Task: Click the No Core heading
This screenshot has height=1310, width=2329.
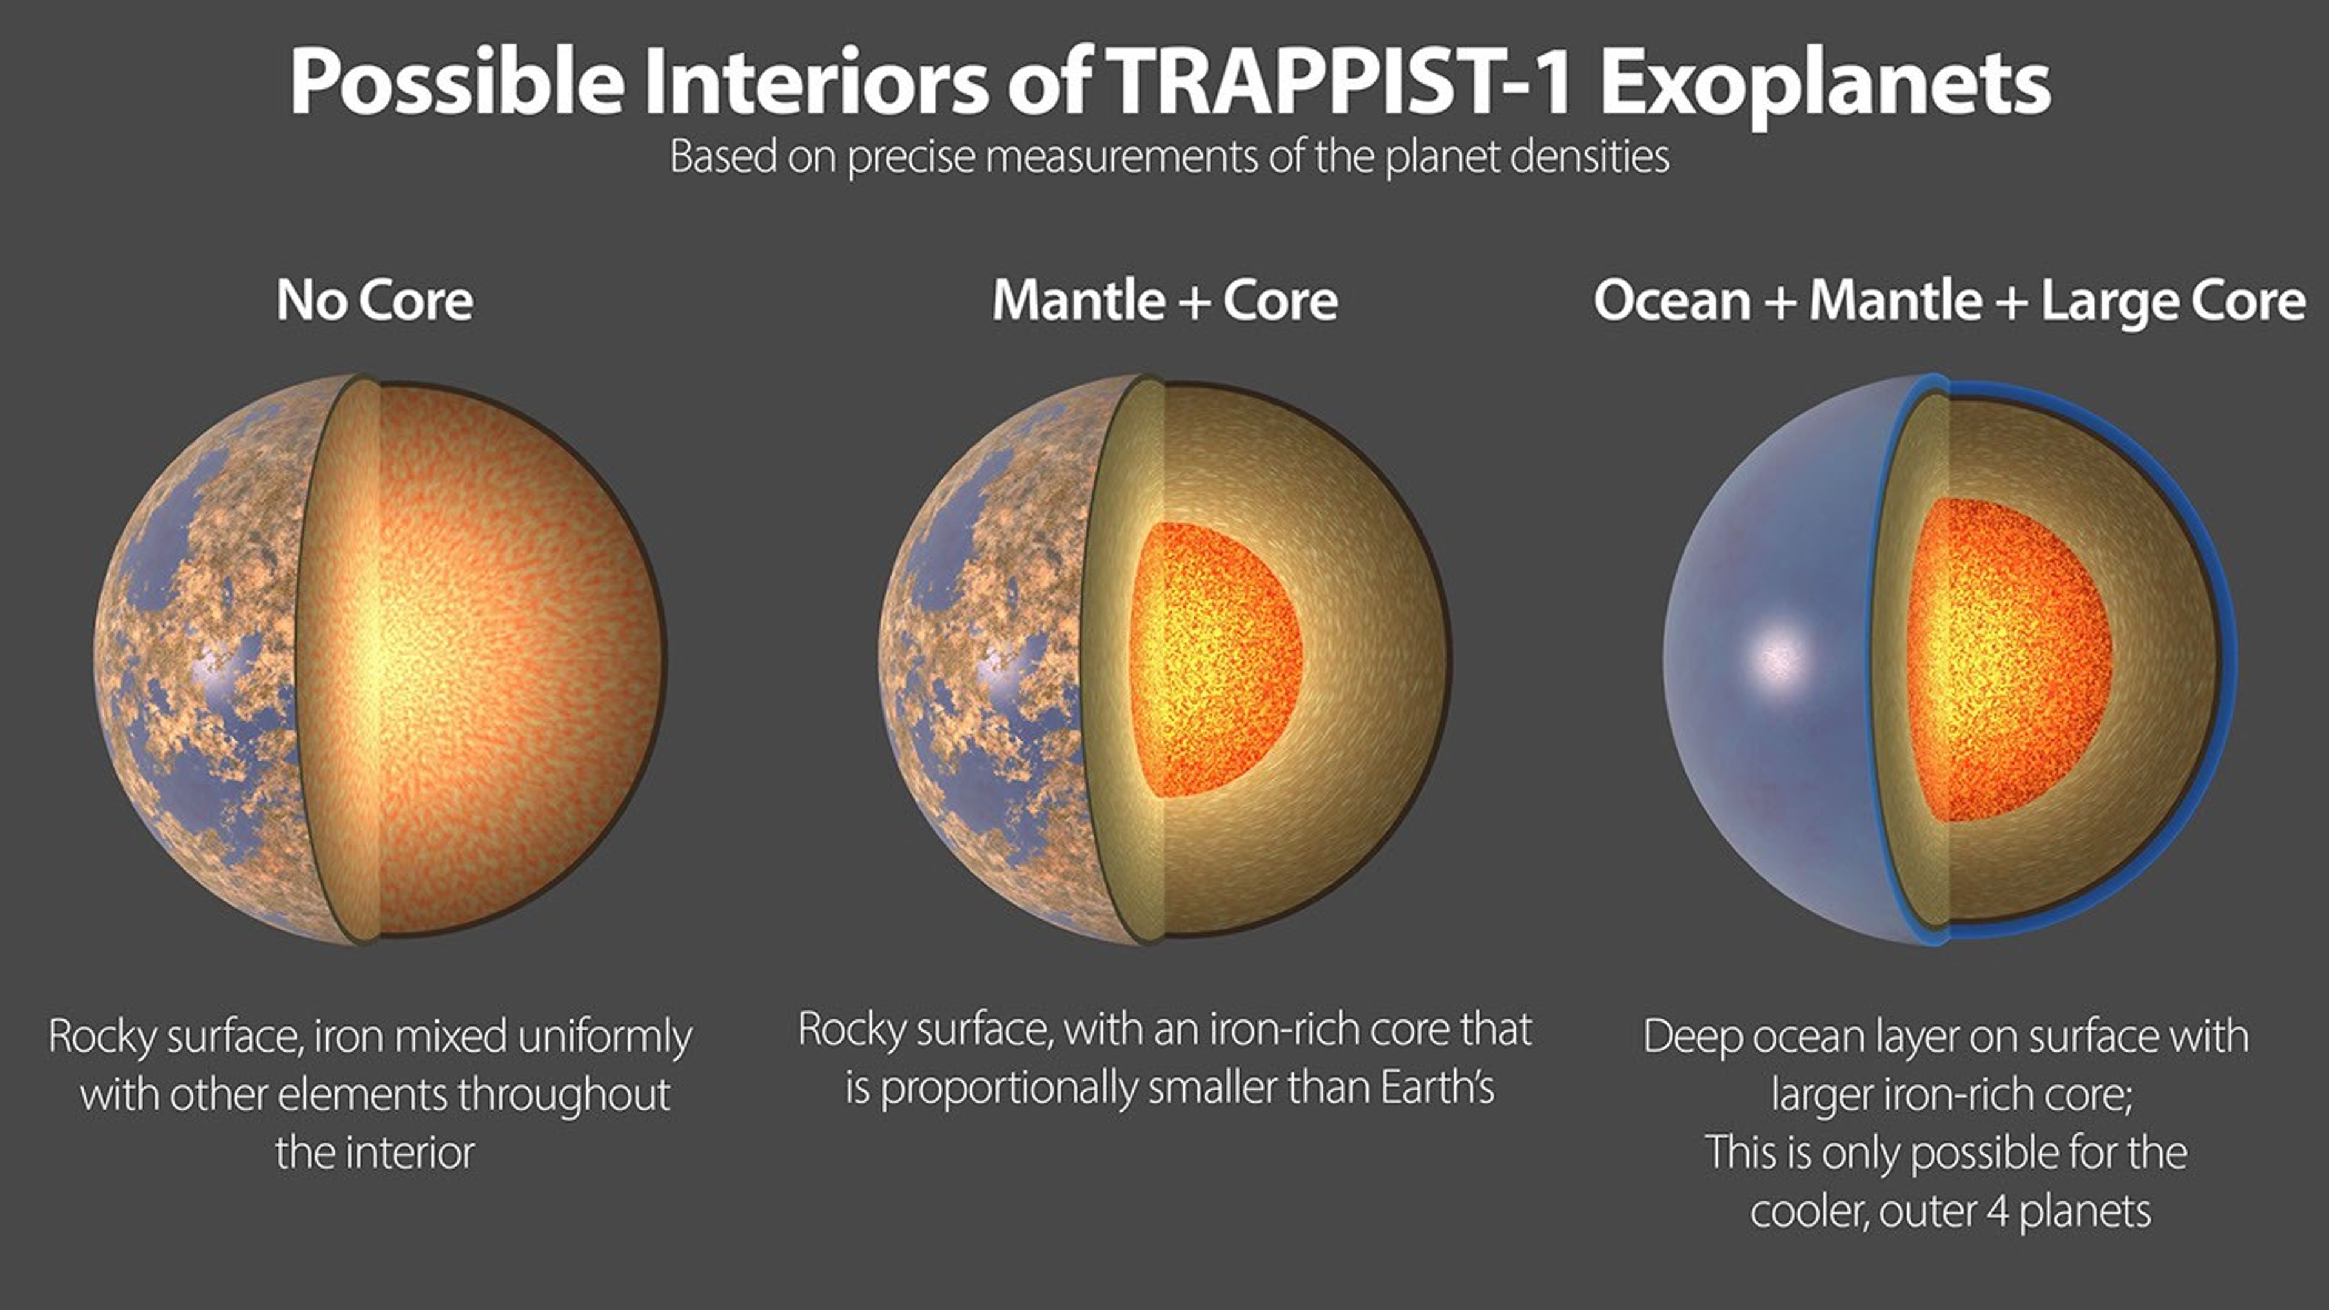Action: (x=374, y=301)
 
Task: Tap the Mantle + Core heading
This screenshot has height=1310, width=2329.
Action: (x=1164, y=301)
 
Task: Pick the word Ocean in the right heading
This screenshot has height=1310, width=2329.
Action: (x=1672, y=301)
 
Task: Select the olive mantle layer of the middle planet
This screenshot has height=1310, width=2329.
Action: (x=1374, y=660)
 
